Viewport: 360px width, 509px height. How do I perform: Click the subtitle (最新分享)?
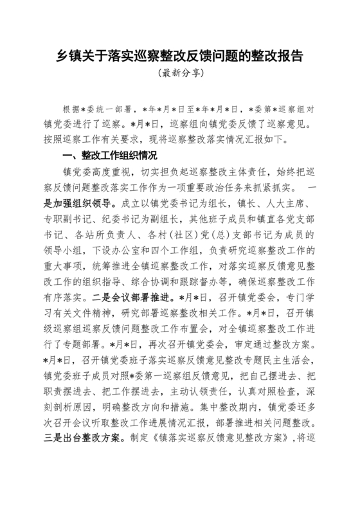(x=180, y=73)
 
